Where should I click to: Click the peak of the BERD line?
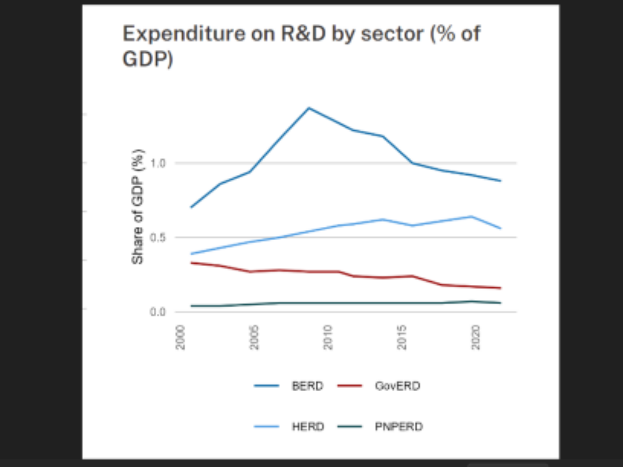pos(309,108)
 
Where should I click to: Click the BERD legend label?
pos(307,386)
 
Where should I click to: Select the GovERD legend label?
pos(397,386)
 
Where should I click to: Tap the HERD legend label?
pos(308,427)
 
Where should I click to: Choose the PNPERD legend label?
pos(399,427)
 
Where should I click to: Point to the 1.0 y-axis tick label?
pos(157,163)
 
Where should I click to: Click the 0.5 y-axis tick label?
pos(157,238)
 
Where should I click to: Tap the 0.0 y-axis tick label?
pos(157,312)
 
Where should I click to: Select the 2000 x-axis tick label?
pos(181,337)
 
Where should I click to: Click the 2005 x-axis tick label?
pos(254,337)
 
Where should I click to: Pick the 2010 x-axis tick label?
pos(328,337)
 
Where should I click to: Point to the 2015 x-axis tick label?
pos(402,337)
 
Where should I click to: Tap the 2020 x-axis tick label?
pos(476,337)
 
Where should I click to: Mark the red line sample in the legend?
pos(350,386)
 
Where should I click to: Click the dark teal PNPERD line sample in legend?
pos(350,427)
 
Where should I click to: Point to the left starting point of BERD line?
pos(191,208)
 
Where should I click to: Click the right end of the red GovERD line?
pos(500,288)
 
